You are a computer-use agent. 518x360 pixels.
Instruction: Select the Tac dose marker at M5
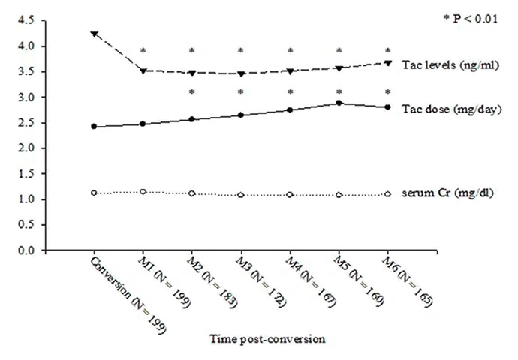pos(339,103)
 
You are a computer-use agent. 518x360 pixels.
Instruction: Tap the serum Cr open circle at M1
pos(143,192)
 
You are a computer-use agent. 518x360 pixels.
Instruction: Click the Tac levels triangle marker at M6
pos(388,63)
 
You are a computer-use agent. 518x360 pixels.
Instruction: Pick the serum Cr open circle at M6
pos(388,194)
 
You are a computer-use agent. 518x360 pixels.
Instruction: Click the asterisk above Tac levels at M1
pos(143,52)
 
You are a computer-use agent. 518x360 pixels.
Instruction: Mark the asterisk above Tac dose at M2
pos(192,93)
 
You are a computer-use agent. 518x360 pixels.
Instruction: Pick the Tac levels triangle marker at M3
pos(241,73)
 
